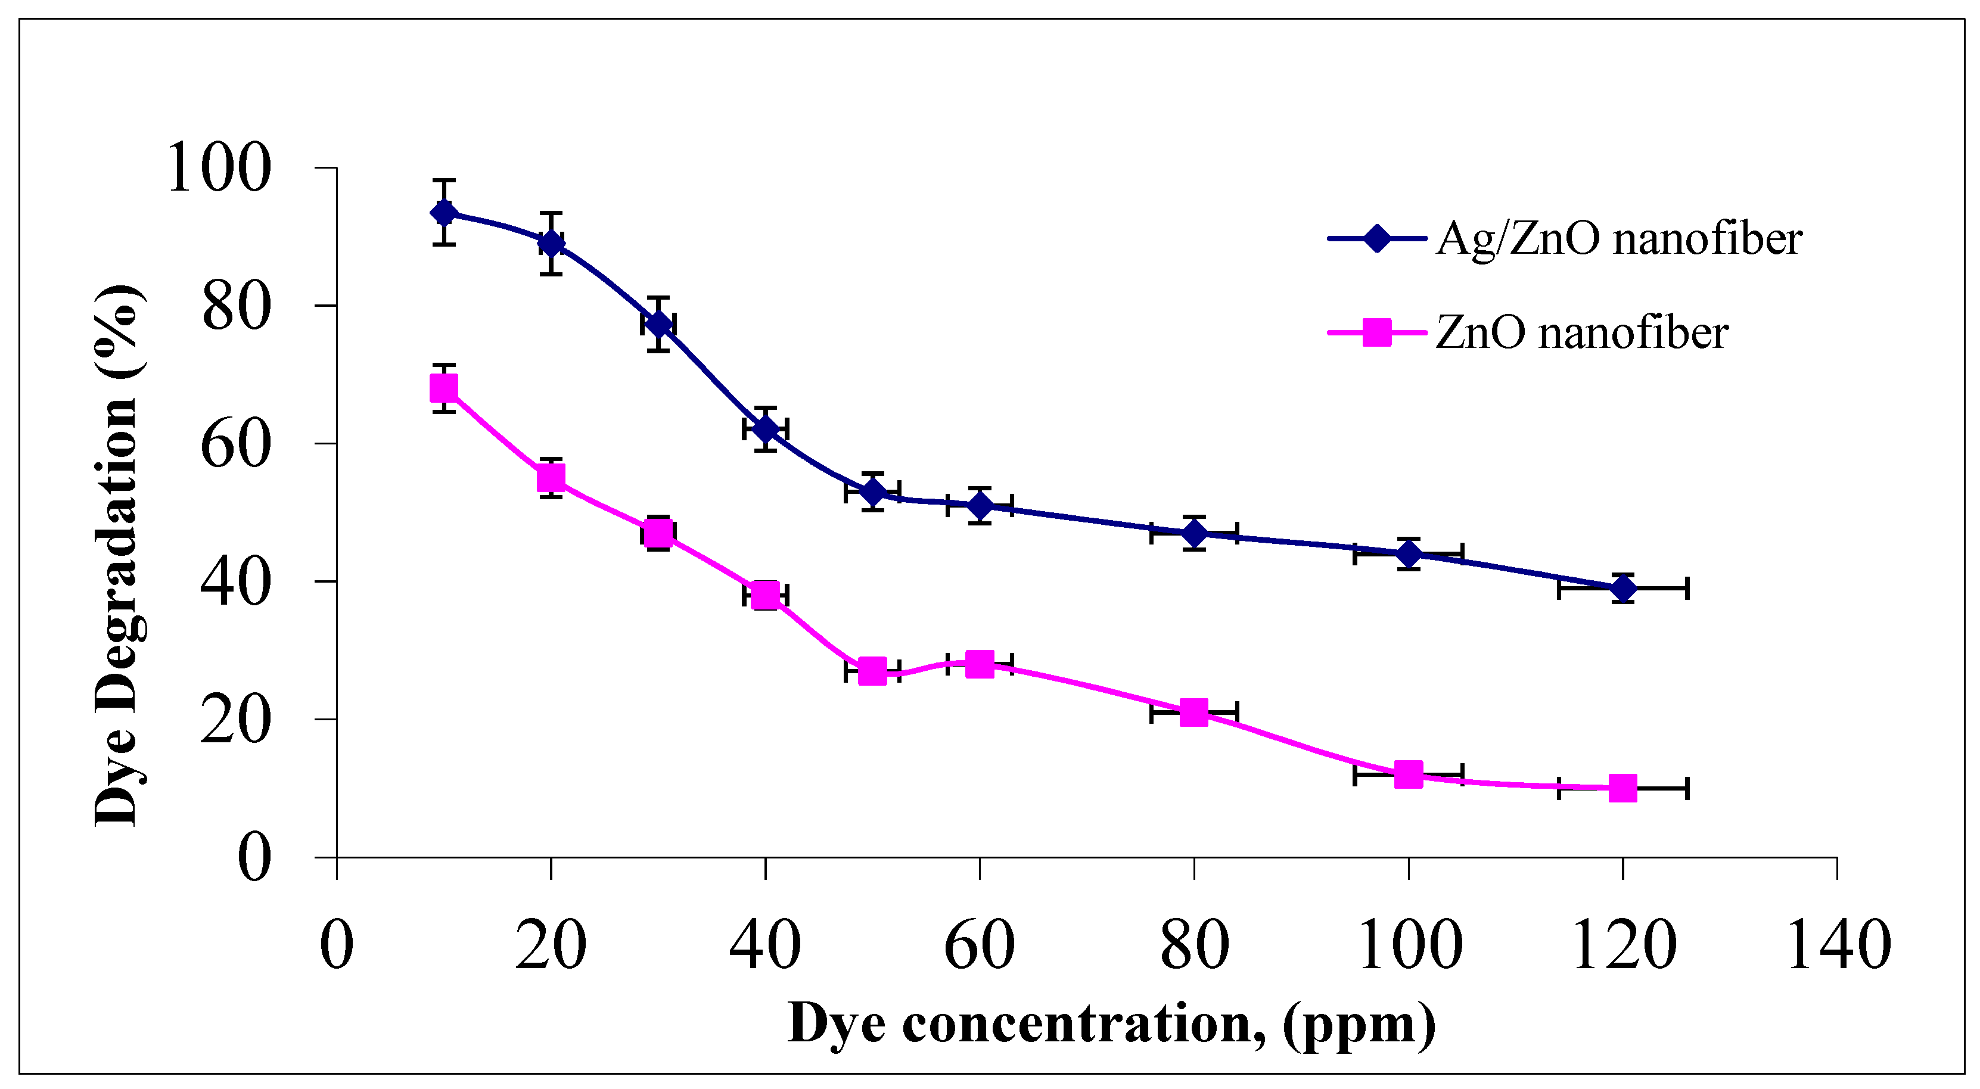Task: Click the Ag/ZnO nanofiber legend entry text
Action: coord(1618,238)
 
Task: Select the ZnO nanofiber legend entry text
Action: coord(1581,334)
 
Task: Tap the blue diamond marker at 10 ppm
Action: coord(443,212)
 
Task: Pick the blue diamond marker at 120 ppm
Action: coord(1622,589)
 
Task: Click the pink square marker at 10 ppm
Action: coord(443,388)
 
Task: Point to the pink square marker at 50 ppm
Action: coord(872,671)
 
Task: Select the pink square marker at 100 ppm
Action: coord(1407,774)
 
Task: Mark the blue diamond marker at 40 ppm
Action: coord(765,428)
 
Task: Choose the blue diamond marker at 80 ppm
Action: coord(1193,533)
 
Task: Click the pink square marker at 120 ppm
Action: coord(1622,788)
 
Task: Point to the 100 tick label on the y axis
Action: coord(218,167)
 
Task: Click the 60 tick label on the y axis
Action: coord(235,443)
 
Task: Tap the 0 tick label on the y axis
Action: coord(254,857)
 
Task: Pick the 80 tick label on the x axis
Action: coord(1193,945)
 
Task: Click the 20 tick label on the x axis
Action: coord(551,945)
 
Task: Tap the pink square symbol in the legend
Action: coord(1376,333)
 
